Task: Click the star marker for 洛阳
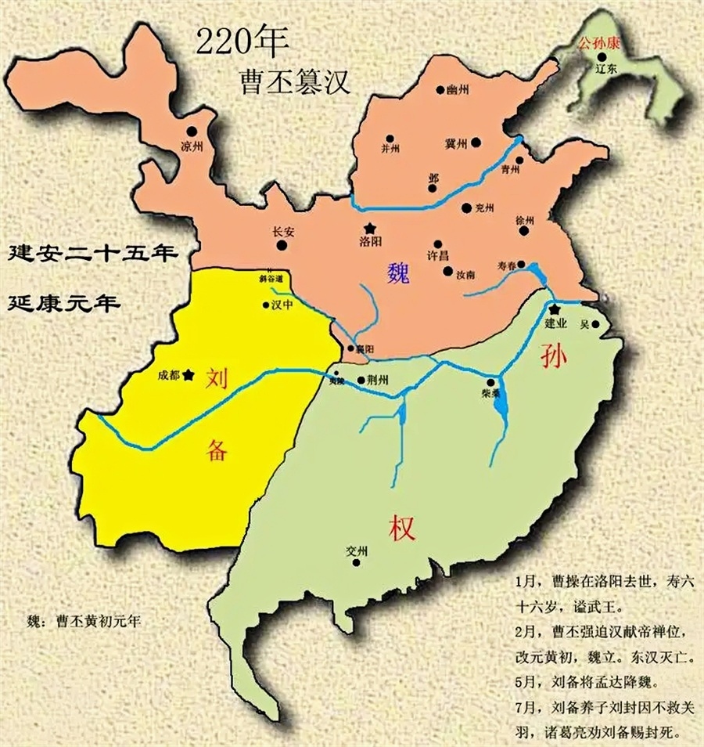coord(369,228)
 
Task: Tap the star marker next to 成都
coord(188,375)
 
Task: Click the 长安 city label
coord(282,232)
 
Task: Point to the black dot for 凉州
coord(192,132)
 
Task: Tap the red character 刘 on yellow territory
coord(217,380)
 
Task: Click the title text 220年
coord(232,41)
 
